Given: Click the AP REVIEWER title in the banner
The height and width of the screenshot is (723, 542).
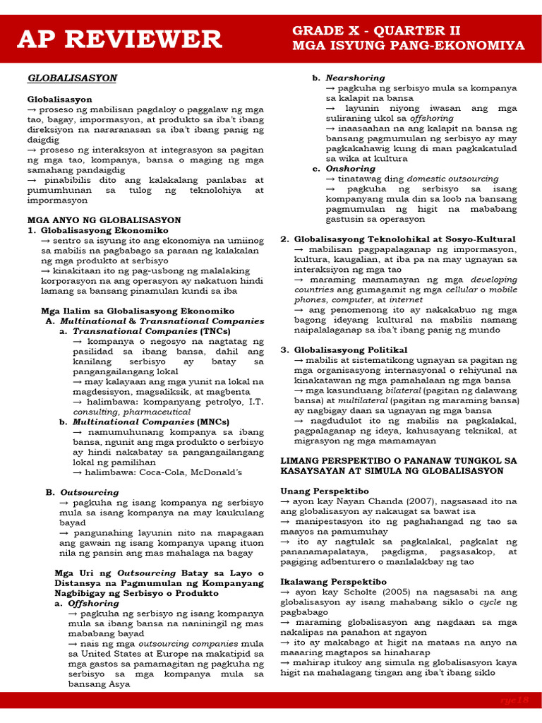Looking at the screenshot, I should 119,39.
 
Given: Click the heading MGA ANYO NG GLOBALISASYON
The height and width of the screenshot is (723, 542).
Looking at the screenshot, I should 104,220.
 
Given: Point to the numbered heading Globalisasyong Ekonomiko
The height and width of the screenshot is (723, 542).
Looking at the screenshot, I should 104,231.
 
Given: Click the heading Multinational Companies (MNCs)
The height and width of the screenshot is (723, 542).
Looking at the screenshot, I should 145,422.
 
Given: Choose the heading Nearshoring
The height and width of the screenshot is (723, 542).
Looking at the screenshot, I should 355,78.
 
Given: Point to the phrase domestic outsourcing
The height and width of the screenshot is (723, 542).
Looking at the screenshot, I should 452,179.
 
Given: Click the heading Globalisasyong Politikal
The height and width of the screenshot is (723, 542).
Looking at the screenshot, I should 351,349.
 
